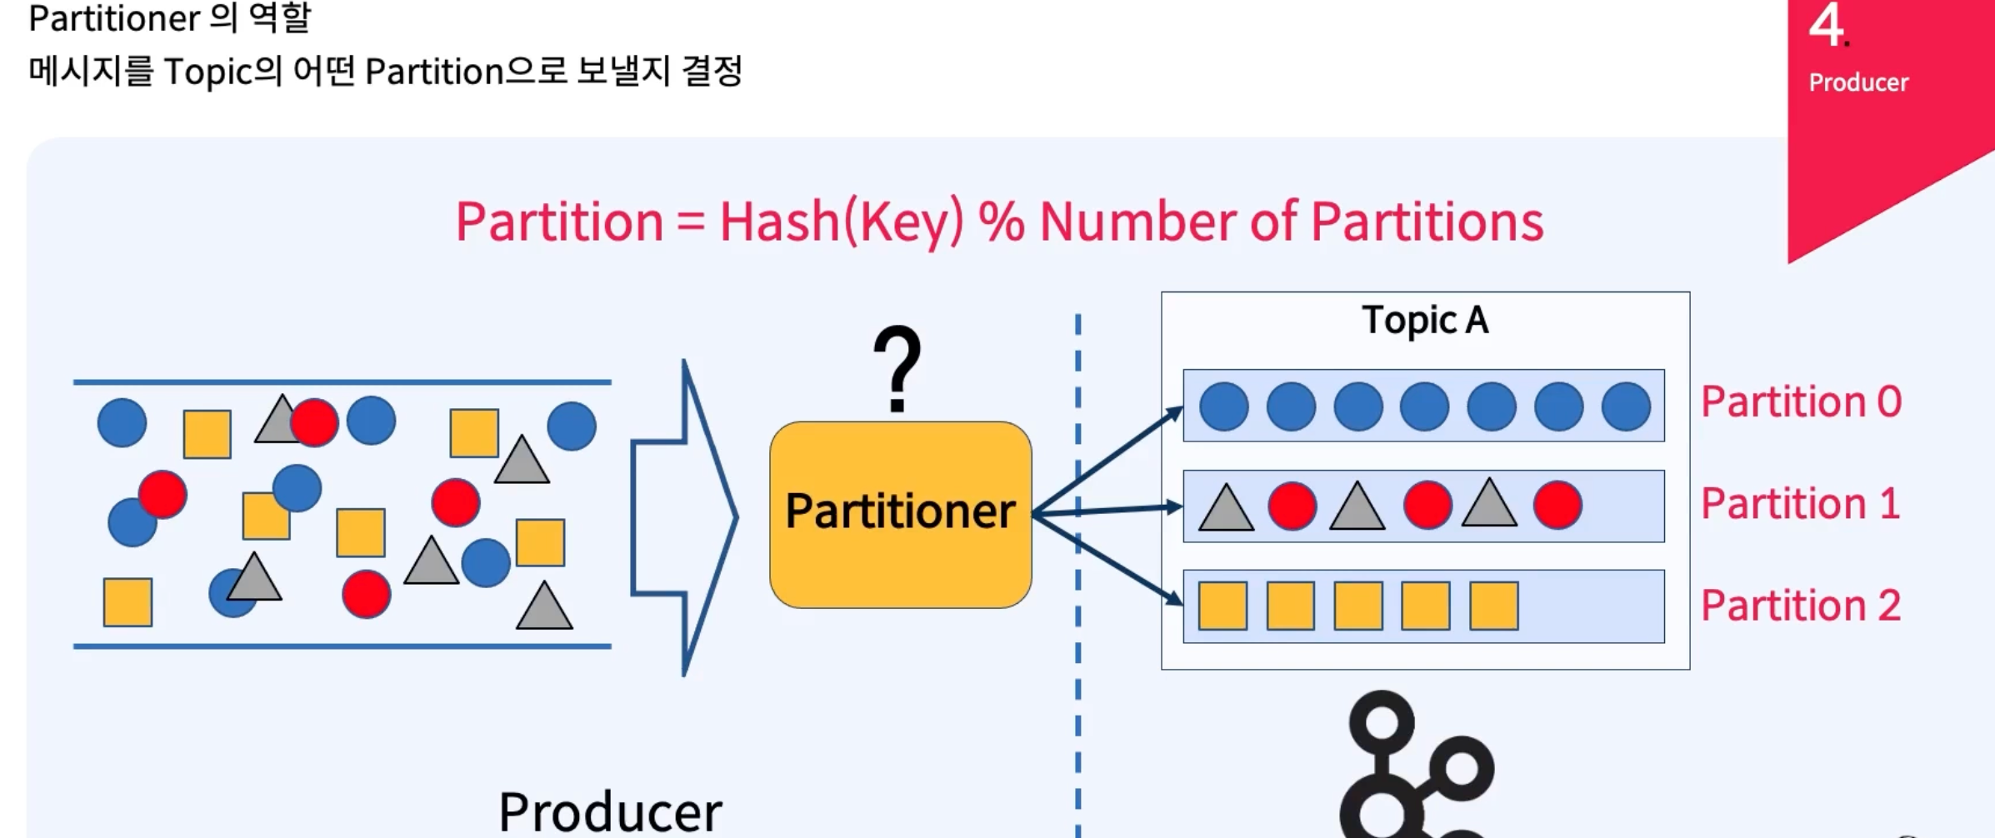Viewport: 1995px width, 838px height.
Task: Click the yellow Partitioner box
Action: point(900,514)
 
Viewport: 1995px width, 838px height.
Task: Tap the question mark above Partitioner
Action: point(897,368)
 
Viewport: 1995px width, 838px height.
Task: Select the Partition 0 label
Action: point(1801,402)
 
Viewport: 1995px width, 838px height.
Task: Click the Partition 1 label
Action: point(1800,504)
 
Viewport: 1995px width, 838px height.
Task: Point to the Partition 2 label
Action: point(1800,606)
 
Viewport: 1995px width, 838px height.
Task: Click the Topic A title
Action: point(1425,321)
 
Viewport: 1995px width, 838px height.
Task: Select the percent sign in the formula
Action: point(1001,222)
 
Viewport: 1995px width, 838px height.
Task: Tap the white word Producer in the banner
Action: point(1858,82)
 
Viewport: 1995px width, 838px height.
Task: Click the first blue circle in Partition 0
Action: point(1223,407)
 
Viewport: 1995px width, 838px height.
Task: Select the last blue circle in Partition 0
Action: point(1626,407)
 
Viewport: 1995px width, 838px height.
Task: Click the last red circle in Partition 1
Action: point(1557,505)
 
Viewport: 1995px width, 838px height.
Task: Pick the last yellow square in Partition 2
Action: point(1493,606)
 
